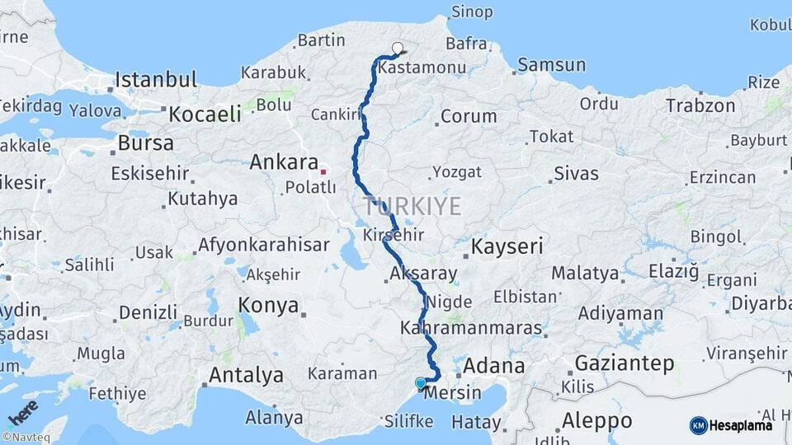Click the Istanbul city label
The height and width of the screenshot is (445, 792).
[x=156, y=80]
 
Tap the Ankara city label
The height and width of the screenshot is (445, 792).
[x=284, y=162]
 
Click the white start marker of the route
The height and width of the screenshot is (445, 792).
[x=398, y=48]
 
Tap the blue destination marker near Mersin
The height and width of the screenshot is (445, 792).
[x=421, y=383]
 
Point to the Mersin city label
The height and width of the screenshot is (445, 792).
[x=454, y=392]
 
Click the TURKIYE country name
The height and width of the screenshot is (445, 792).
[x=412, y=206]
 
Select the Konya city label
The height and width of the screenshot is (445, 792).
[x=268, y=306]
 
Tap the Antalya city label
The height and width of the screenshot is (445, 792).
[x=246, y=375]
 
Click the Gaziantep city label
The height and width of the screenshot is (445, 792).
[x=624, y=363]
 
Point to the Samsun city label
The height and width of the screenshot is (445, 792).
[x=551, y=64]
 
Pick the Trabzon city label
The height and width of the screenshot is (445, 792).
[x=700, y=105]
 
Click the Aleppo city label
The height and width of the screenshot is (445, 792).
[x=596, y=420]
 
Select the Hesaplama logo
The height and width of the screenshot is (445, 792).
[x=731, y=425]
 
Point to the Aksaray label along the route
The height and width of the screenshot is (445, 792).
[x=422, y=272]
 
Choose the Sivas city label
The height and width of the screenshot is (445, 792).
[x=576, y=173]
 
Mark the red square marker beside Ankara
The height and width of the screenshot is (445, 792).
[x=323, y=171]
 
